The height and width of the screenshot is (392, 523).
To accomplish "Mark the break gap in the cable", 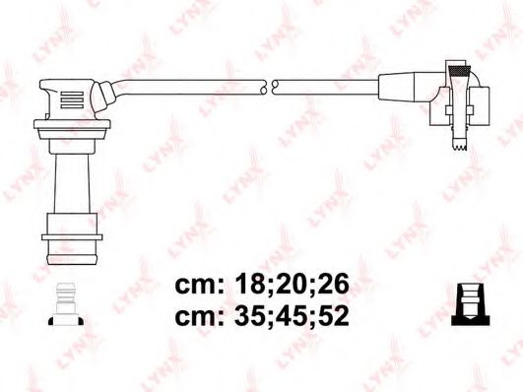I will click(x=268, y=87).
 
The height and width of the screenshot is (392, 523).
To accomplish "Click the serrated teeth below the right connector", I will click(x=456, y=148).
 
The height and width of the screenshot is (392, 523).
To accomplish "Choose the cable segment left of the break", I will click(x=187, y=83).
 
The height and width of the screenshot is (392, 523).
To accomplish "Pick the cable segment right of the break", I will click(x=325, y=86).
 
